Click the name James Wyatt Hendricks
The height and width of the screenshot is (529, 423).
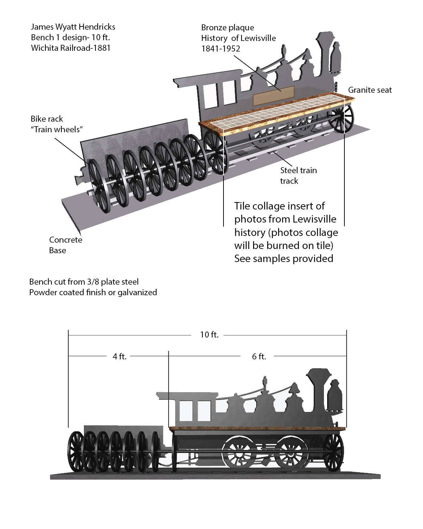point(73,27)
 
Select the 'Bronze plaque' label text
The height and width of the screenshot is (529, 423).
point(227,28)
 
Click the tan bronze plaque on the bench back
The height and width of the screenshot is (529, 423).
point(274,95)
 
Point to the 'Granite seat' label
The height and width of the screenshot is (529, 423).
point(370,90)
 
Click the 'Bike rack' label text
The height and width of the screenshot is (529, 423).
point(47,119)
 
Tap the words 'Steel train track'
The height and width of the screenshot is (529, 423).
point(298,175)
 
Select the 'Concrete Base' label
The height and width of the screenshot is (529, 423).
point(66,245)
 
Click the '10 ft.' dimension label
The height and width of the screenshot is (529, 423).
point(209,335)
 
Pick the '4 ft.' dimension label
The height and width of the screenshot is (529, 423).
point(119,357)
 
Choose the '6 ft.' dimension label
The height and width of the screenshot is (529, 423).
point(259,357)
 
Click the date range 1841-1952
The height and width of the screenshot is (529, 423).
point(221,49)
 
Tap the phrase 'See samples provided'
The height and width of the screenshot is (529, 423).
point(284,259)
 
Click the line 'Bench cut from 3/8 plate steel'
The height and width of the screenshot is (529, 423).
point(84,282)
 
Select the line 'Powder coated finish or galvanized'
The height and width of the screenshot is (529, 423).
point(93,292)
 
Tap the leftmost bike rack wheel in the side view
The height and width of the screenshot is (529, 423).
point(75,451)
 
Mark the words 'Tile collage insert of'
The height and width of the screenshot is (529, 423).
point(280,206)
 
